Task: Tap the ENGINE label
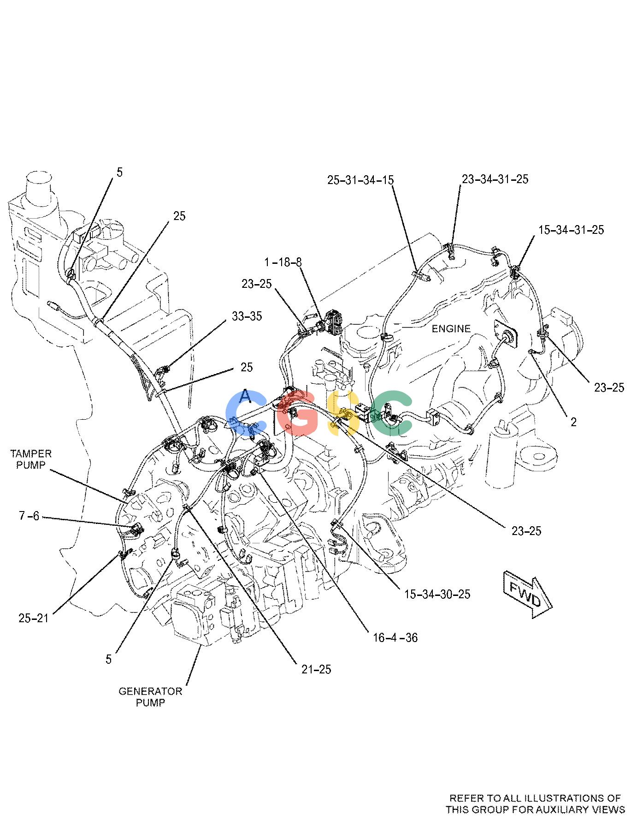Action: pyautogui.click(x=451, y=328)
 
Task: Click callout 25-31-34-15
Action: pyautogui.click(x=361, y=180)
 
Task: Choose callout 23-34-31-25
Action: pyautogui.click(x=495, y=179)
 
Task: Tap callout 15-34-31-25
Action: pyautogui.click(x=571, y=230)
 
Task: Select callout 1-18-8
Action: pyautogui.click(x=283, y=262)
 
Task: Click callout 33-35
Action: pyautogui.click(x=247, y=316)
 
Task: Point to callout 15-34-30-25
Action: pyautogui.click(x=437, y=594)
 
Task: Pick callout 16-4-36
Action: pyautogui.click(x=395, y=638)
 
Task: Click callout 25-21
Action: pyautogui.click(x=33, y=618)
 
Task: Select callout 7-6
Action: pyautogui.click(x=29, y=516)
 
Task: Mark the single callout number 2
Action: pyautogui.click(x=573, y=422)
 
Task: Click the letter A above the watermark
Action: pyautogui.click(x=247, y=396)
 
